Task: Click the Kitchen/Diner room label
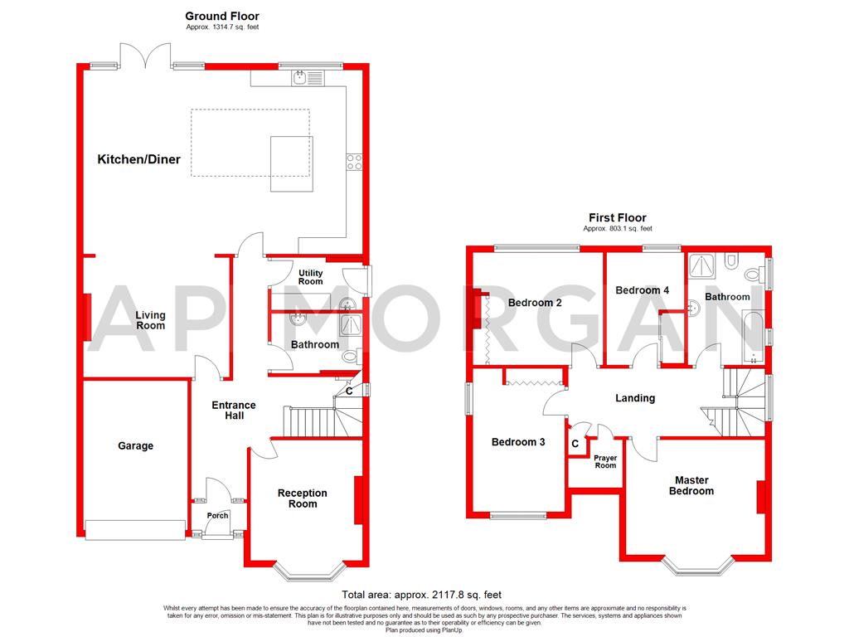coord(138,159)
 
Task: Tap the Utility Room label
coord(311,277)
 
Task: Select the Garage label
coord(135,446)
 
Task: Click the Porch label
coord(217,516)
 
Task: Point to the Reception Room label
coord(302,498)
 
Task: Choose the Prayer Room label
coord(605,461)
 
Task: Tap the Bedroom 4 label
coord(643,290)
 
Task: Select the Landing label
coord(635,398)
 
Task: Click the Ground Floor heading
coord(221,16)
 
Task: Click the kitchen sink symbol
coord(300,78)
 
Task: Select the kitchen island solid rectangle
coord(292,163)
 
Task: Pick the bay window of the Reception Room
coord(308,571)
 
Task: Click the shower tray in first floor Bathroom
coord(703,266)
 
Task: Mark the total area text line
coord(422,595)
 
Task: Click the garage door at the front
coord(135,530)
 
